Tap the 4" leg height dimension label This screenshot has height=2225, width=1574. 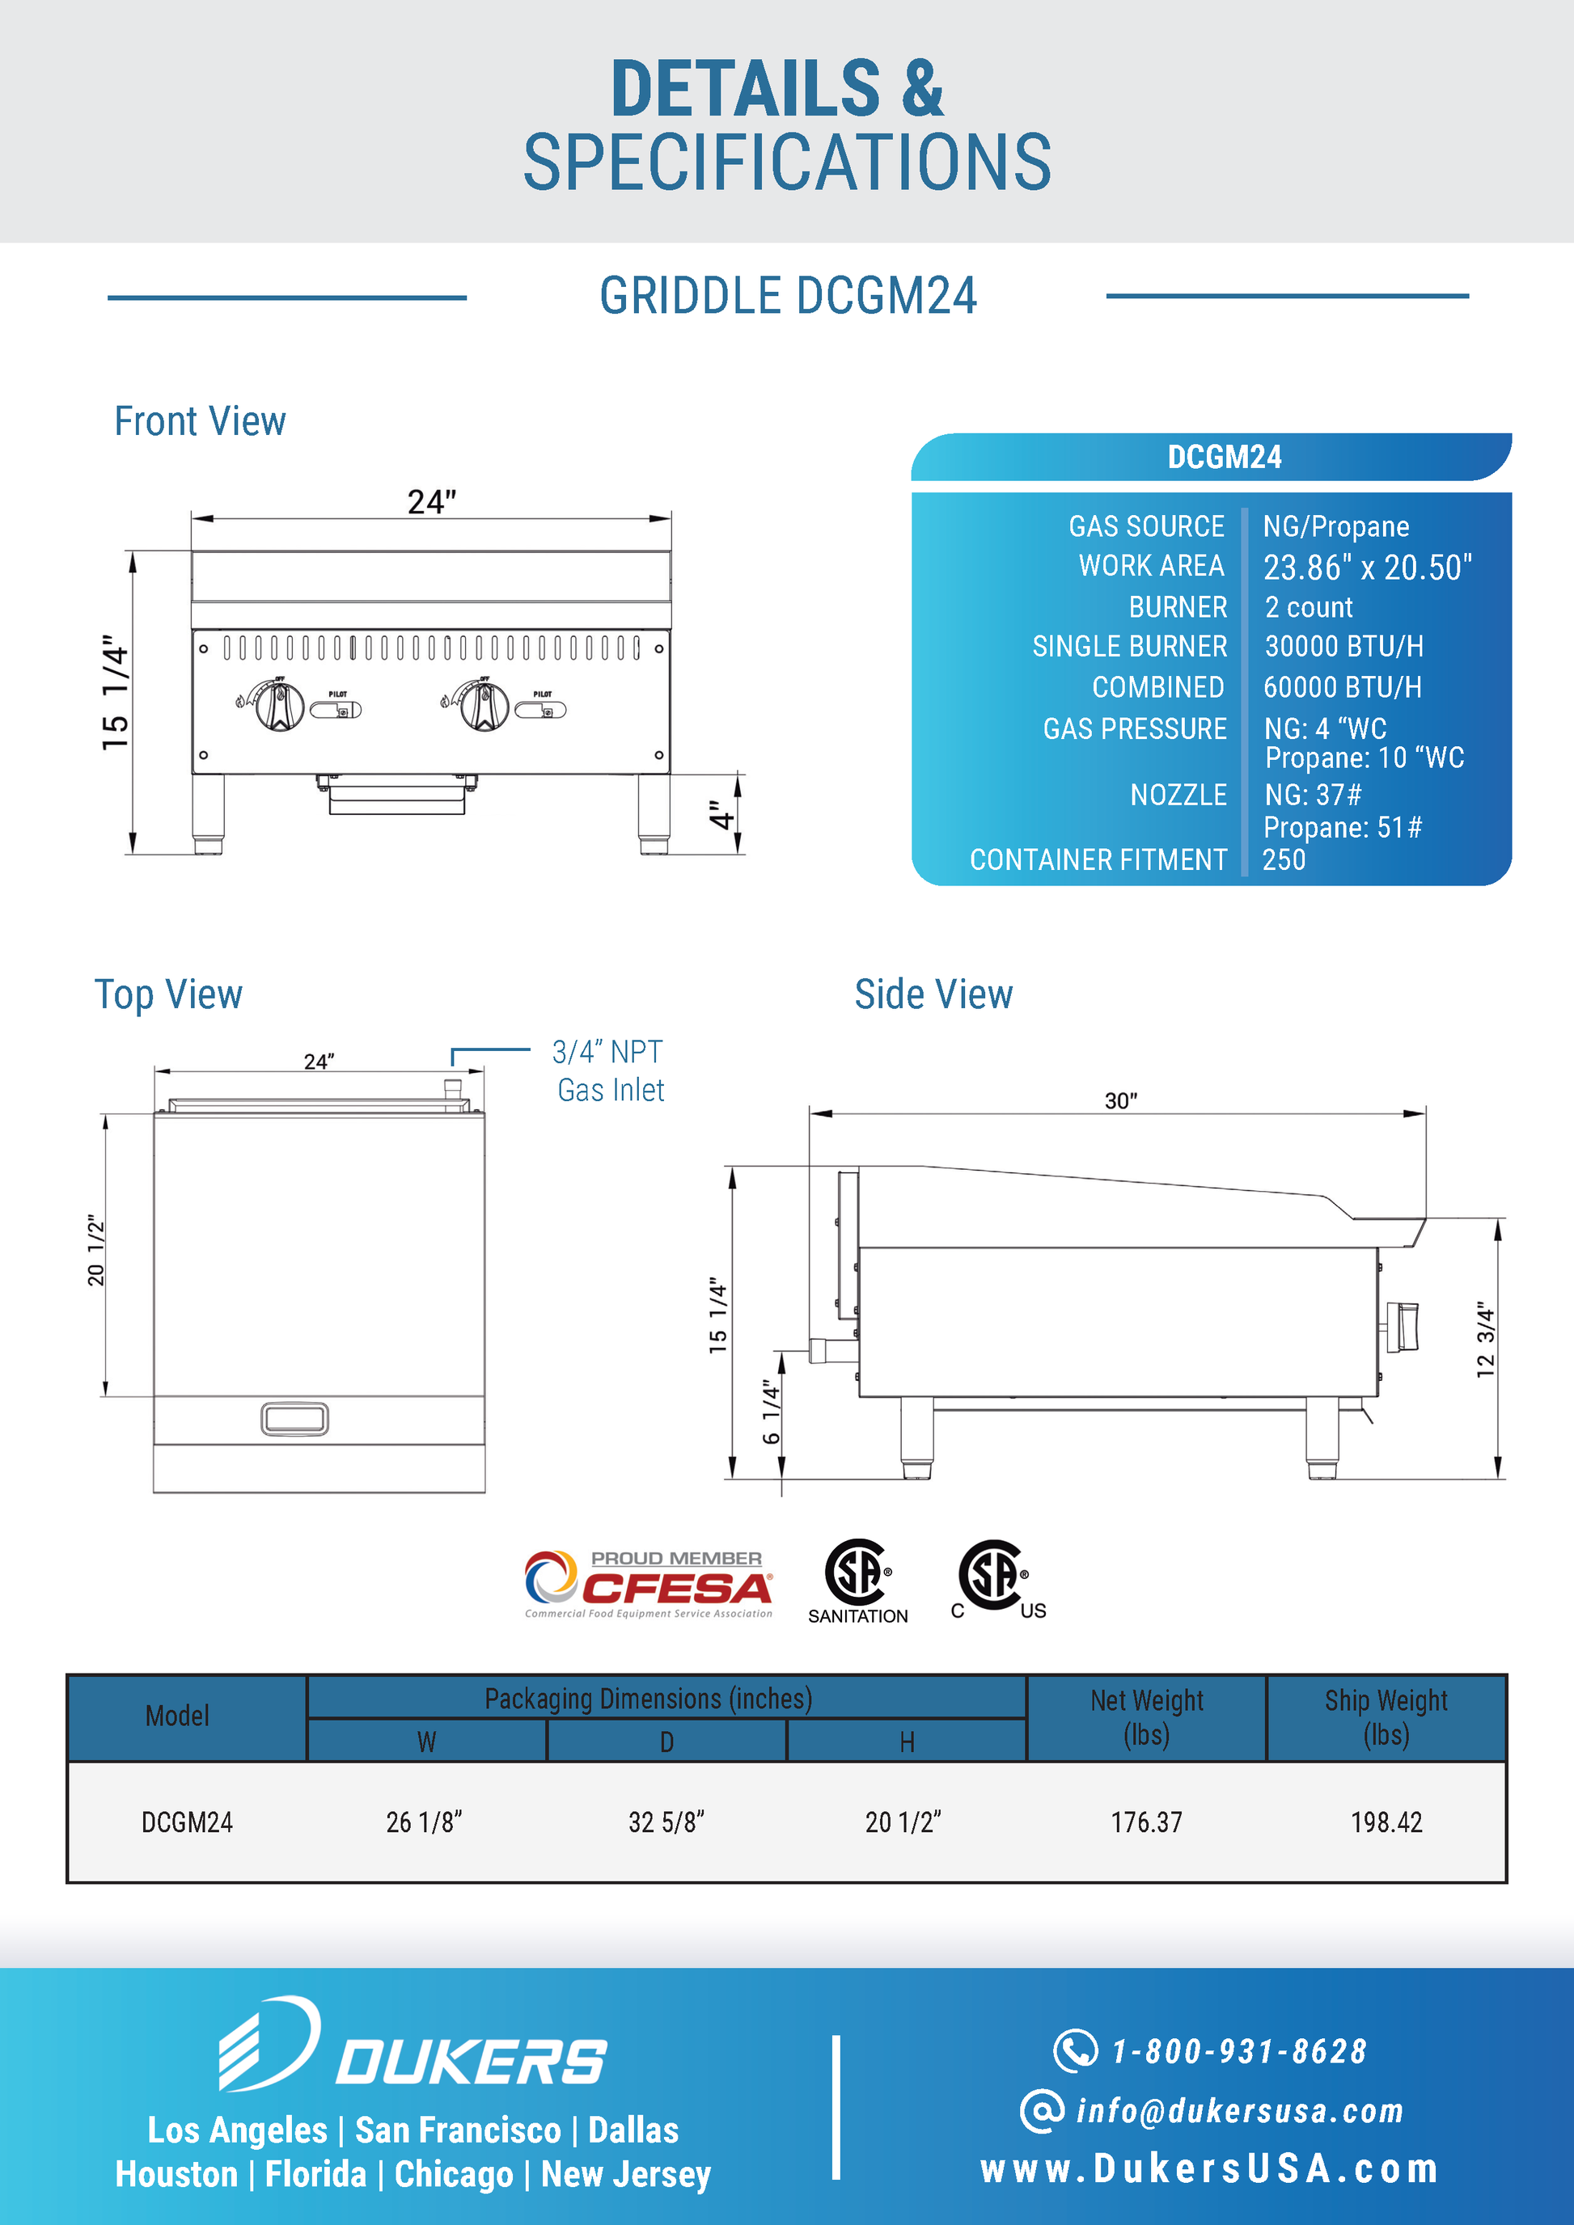(x=720, y=815)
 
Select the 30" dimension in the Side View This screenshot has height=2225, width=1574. (x=1120, y=1101)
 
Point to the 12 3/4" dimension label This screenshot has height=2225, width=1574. (x=1486, y=1339)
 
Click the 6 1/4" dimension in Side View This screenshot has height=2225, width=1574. (x=772, y=1412)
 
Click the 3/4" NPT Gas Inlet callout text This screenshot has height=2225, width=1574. (x=610, y=1070)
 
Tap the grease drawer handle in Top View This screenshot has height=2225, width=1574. (x=294, y=1419)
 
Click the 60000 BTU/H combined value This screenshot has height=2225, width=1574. (x=1343, y=687)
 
